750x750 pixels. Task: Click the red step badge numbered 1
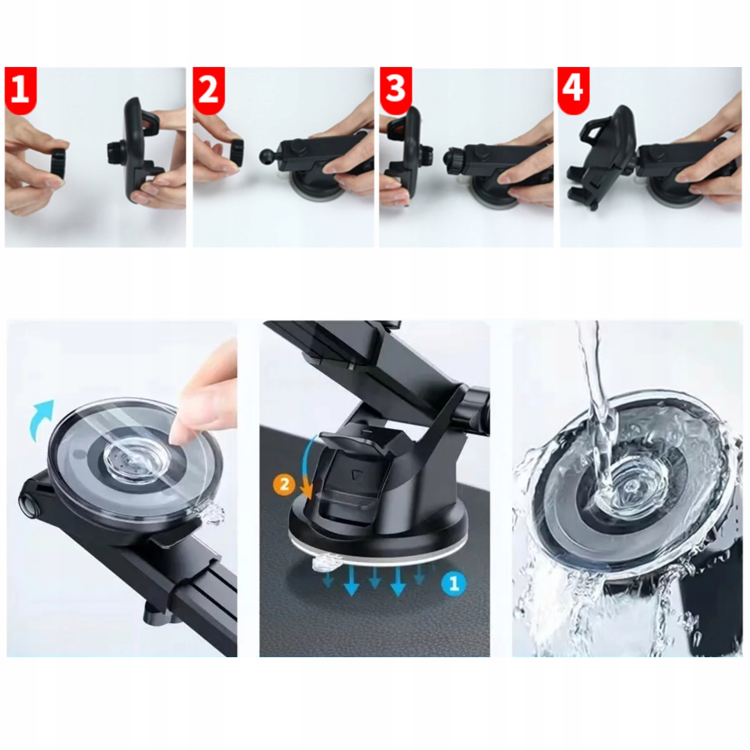[x=21, y=90]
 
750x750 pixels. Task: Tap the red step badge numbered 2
[x=209, y=90]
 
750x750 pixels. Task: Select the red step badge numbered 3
[x=396, y=90]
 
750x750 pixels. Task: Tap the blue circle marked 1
[x=453, y=584]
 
